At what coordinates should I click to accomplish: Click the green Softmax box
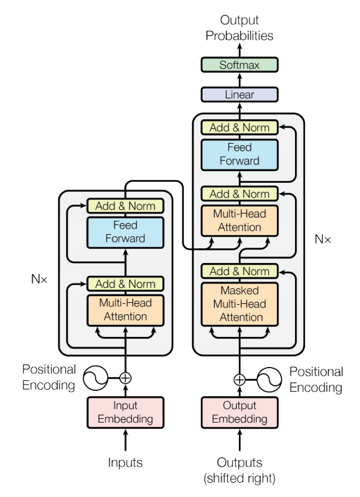[239, 65]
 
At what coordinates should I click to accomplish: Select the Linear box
[239, 95]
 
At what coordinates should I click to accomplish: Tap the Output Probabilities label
[239, 28]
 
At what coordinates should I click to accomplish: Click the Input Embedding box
[125, 412]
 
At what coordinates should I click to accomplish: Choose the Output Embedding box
[239, 412]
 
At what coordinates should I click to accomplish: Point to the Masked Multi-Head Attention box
[239, 304]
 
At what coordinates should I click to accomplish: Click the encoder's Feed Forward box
[125, 232]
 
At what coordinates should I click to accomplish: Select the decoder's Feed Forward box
[239, 154]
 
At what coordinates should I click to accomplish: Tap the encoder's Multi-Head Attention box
[125, 310]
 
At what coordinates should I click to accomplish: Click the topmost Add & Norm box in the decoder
[239, 127]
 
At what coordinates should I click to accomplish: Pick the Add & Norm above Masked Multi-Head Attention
[239, 271]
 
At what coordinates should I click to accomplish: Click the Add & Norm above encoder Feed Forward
[125, 206]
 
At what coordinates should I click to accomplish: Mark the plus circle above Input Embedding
[125, 378]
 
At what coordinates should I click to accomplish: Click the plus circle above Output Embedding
[239, 379]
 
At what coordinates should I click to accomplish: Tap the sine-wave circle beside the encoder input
[96, 378]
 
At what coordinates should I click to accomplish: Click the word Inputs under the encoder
[125, 463]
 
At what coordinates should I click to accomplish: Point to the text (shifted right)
[239, 479]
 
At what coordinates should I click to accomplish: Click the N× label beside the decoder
[322, 239]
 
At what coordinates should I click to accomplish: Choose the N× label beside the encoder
[39, 279]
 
